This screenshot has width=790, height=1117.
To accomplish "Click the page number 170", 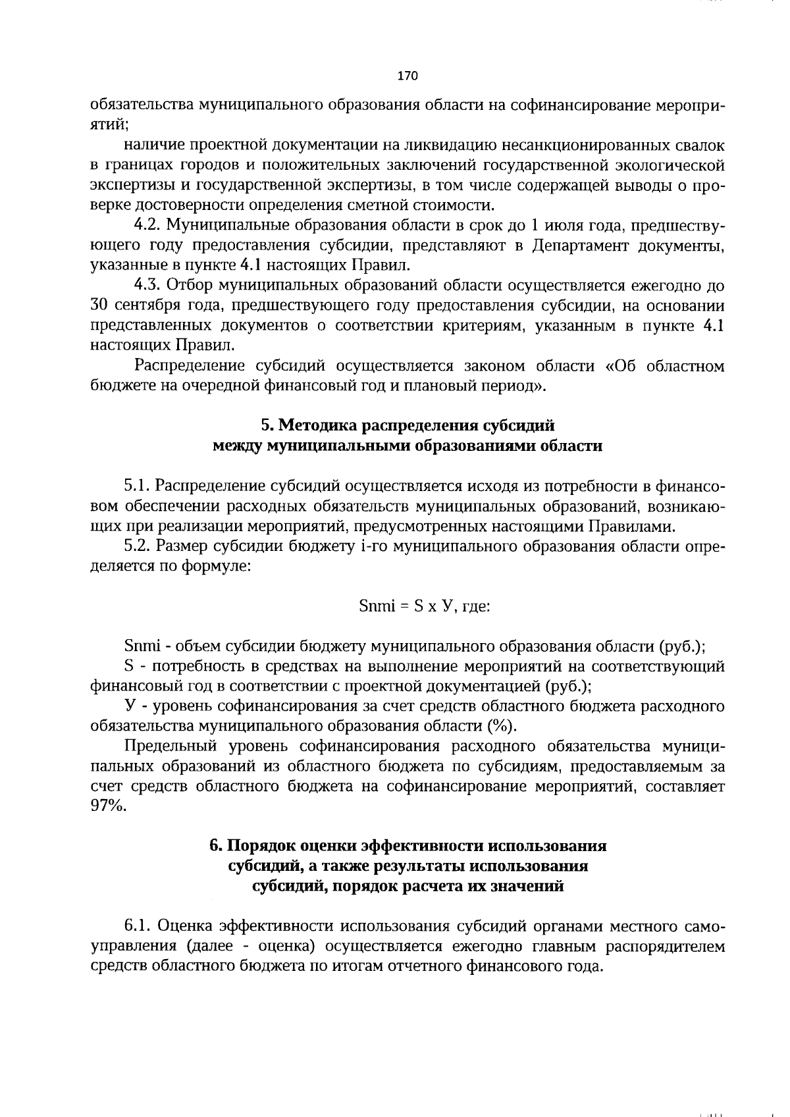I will tap(408, 76).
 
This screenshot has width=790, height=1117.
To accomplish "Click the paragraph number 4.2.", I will tap(147, 226).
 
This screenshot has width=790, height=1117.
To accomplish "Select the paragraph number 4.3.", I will tap(147, 286).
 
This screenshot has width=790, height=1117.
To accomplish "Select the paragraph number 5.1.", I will tap(137, 486).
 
